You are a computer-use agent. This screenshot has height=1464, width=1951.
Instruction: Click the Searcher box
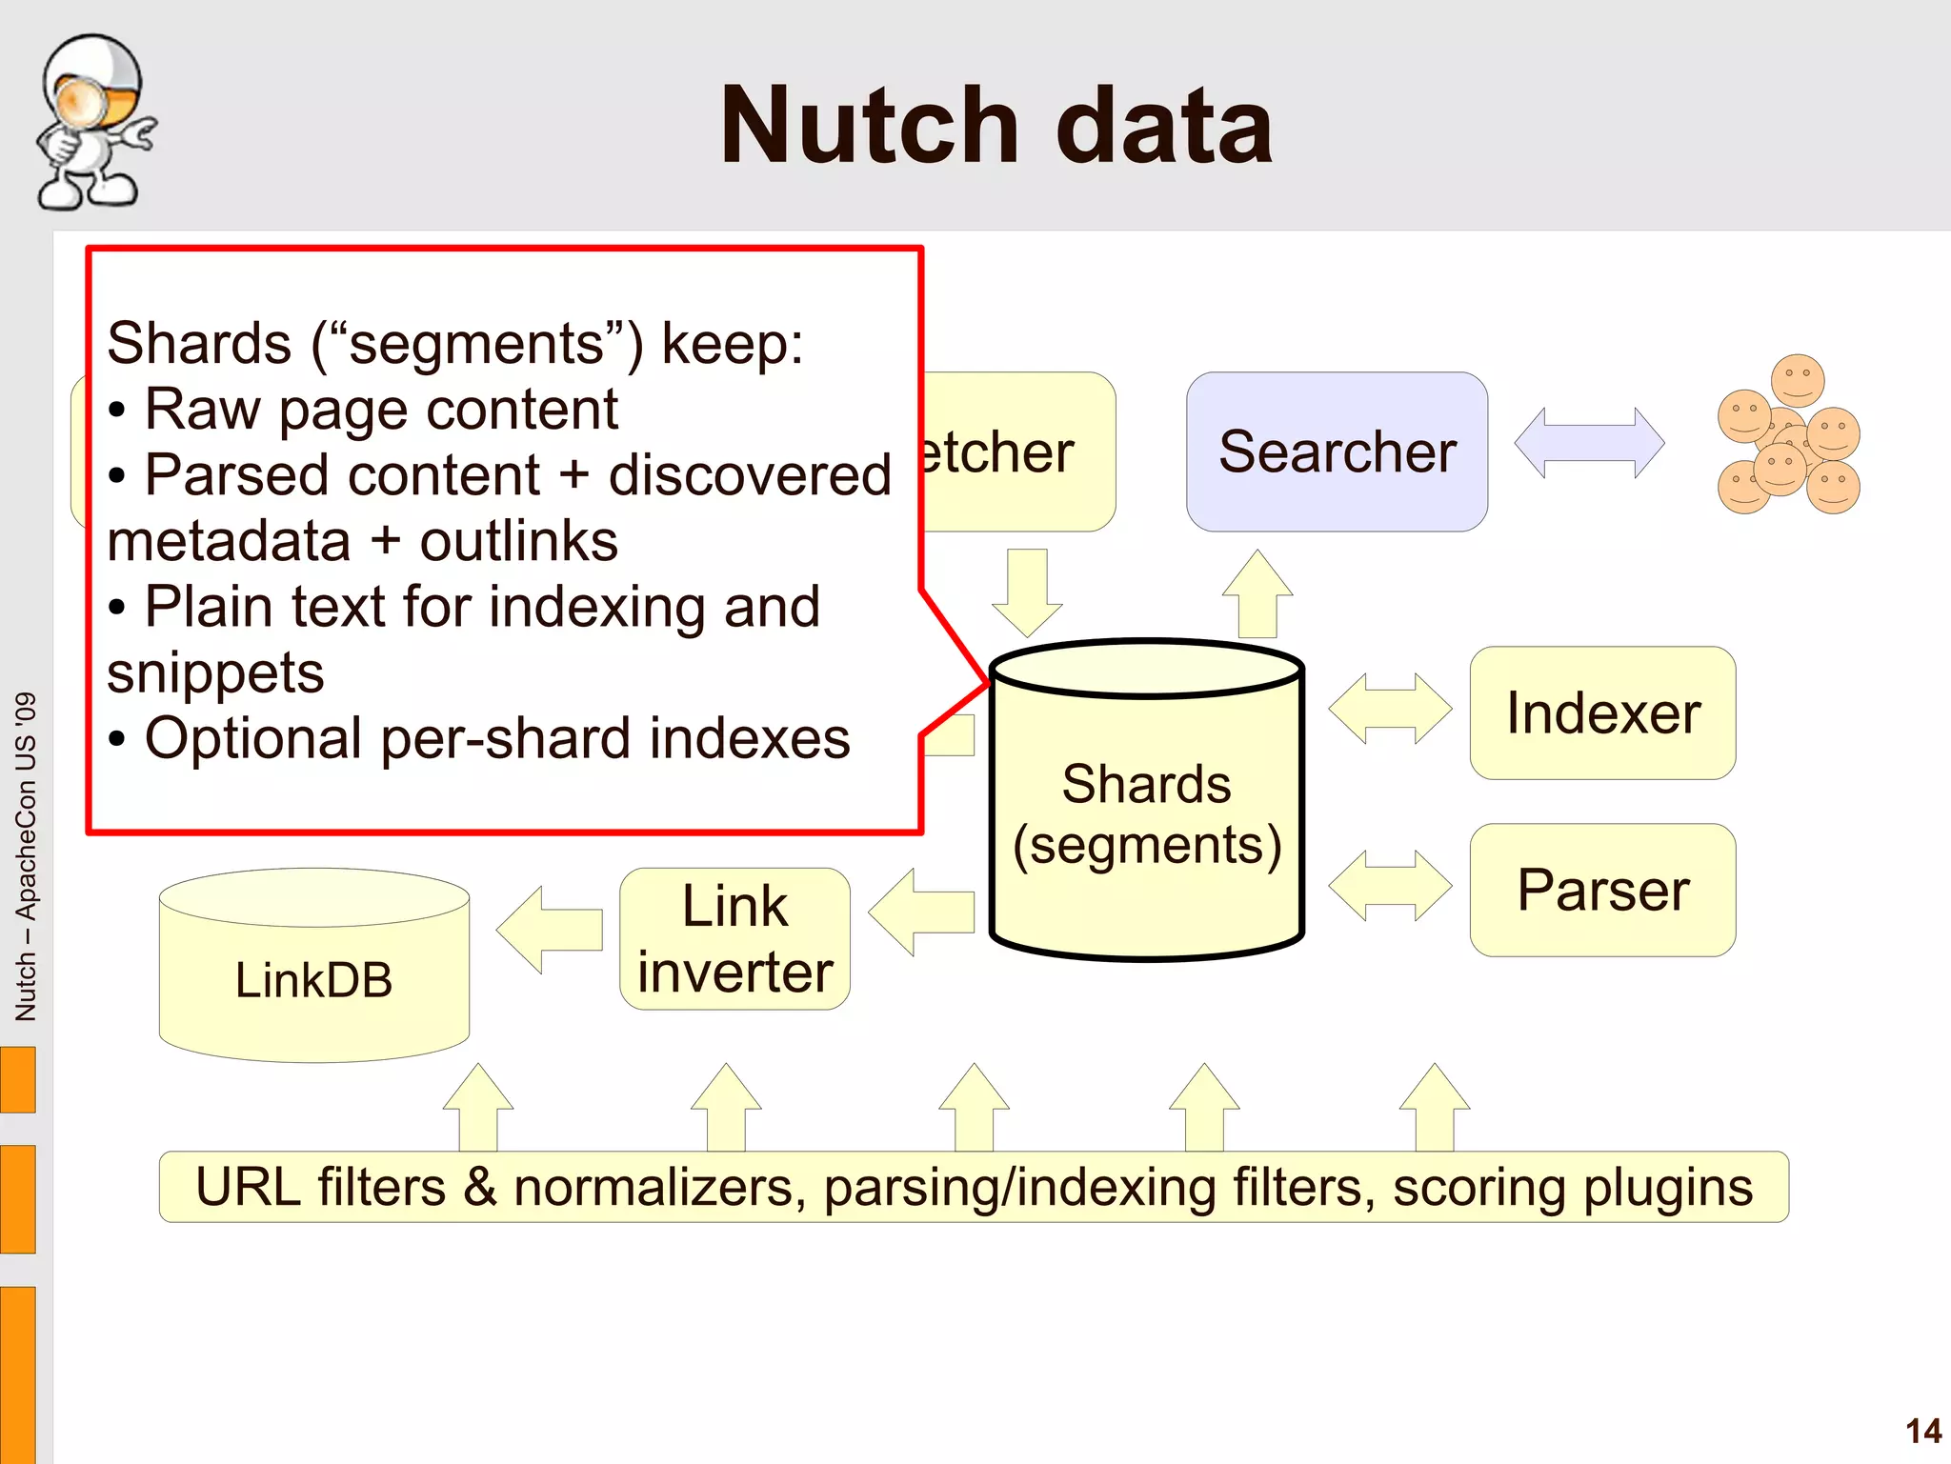[x=1337, y=451]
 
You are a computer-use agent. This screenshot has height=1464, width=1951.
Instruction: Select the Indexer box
[x=1602, y=713]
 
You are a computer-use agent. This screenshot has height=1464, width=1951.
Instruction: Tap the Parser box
[x=1602, y=891]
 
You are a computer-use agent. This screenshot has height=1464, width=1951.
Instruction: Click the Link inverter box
[x=734, y=939]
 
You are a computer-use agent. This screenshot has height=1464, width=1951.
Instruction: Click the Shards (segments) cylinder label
[x=1147, y=814]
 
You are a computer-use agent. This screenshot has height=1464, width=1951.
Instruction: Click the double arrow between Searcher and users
[x=1589, y=443]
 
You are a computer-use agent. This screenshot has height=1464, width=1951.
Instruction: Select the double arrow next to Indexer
[x=1390, y=709]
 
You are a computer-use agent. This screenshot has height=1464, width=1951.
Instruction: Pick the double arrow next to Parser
[x=1390, y=886]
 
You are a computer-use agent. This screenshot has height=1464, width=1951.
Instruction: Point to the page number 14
[x=1922, y=1431]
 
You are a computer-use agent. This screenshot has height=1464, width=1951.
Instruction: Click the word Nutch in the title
[x=869, y=126]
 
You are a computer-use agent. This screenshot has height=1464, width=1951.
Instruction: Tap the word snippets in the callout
[x=215, y=673]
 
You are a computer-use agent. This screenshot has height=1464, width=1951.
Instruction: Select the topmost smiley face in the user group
[x=1797, y=380]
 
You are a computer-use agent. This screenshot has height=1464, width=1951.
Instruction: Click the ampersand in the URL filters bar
[x=480, y=1188]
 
